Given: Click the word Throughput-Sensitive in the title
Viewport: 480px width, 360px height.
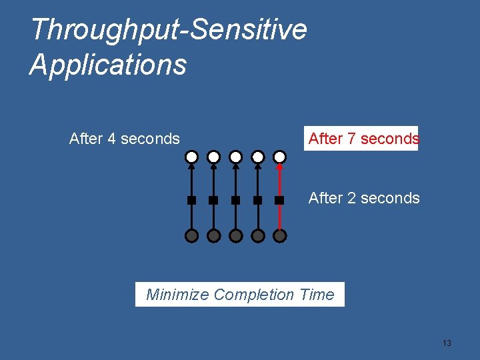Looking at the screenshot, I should [x=169, y=29].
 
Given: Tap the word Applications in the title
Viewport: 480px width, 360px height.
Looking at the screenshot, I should [x=108, y=65].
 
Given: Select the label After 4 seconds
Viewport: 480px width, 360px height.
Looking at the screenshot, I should [x=125, y=139].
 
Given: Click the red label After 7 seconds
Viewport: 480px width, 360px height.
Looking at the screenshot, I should [x=363, y=139].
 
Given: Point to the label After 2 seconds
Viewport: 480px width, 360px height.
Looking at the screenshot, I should [x=364, y=198].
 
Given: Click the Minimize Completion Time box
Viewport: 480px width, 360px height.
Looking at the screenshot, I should [x=240, y=294].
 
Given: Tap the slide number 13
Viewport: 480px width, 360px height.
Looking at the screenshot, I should [x=447, y=343].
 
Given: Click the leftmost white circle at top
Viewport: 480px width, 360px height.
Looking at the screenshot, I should [x=191, y=157].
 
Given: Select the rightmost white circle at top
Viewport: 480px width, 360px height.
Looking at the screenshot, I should [x=280, y=157].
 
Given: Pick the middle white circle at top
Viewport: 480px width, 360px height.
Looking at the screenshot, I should [x=235, y=157].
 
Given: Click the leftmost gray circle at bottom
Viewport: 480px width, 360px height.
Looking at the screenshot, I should [x=191, y=235].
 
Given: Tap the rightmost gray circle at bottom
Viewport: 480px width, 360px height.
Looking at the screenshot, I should [x=280, y=235].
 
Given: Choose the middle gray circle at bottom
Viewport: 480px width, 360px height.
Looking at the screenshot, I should [x=235, y=235].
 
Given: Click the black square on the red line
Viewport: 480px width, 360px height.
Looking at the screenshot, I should [x=280, y=200].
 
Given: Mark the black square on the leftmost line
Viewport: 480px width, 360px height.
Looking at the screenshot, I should [x=191, y=200].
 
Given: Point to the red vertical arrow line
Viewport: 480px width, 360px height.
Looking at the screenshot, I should [x=280, y=180].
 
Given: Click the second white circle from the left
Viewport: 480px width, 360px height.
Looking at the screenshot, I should [x=213, y=157].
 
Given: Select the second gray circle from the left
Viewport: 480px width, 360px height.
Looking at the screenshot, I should [x=213, y=235].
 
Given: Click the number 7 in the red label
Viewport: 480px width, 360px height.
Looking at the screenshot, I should [x=352, y=139].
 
